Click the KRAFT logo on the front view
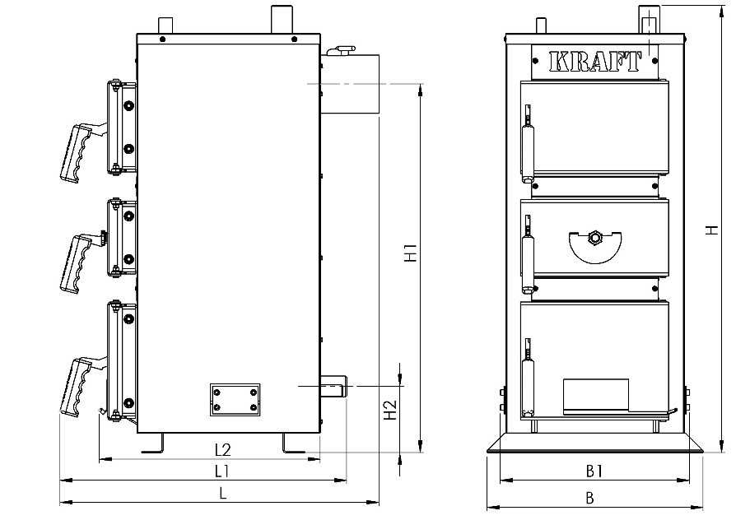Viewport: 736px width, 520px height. tap(594, 62)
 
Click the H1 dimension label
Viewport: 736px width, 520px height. tap(411, 253)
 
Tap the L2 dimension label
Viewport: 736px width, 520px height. tap(223, 450)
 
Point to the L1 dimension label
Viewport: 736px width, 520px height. tap(221, 471)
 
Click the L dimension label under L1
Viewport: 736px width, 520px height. tap(223, 493)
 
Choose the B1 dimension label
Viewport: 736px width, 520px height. tap(594, 471)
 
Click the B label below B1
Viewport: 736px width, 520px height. tap(590, 498)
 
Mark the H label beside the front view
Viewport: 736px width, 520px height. tap(713, 230)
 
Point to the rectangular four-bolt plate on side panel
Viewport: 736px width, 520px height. tap(235, 399)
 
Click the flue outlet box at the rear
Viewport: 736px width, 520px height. tap(350, 84)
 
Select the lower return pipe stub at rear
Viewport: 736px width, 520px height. tap(333, 386)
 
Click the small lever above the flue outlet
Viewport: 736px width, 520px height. tap(342, 49)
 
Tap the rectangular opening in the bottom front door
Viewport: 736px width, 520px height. tap(596, 397)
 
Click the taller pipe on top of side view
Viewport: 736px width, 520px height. tap(282, 19)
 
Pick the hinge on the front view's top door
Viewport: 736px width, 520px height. tap(529, 143)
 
